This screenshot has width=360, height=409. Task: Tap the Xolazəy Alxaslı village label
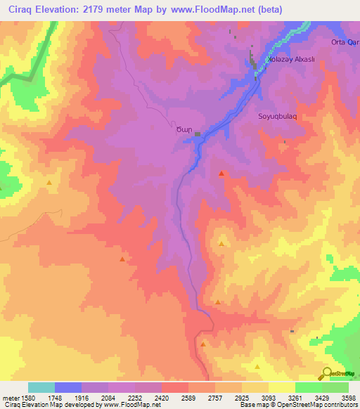[x=294, y=60]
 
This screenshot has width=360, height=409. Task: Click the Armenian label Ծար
[x=183, y=129]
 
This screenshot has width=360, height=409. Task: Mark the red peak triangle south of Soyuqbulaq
[x=222, y=173]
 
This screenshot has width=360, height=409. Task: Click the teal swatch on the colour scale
[x=41, y=387]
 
